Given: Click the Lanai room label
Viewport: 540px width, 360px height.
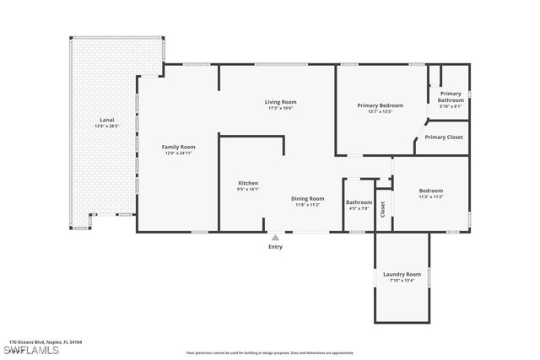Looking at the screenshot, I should coord(107,121).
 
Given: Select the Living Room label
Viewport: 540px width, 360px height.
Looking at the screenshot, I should coord(282,102).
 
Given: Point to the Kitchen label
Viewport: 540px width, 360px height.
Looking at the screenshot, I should coord(248,183).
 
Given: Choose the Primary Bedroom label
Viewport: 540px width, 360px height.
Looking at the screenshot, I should coord(380,105).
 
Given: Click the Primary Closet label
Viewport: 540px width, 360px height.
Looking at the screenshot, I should coord(443,137).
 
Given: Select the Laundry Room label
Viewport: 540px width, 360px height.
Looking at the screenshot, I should coord(402,274).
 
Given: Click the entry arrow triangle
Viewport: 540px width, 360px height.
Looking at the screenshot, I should coord(275,238).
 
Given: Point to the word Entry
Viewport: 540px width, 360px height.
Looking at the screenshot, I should coord(276,247).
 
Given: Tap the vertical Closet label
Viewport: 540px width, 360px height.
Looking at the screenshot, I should coord(382,208).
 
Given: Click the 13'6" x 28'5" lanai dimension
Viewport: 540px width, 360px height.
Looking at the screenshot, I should coord(107,126).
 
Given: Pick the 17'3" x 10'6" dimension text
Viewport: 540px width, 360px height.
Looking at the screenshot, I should coord(282,108).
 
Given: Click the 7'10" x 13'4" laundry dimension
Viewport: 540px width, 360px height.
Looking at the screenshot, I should coord(402,280).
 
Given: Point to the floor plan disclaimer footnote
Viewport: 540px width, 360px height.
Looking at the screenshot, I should coord(269,353).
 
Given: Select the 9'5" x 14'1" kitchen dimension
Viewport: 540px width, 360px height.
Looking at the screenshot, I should coord(248,189).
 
